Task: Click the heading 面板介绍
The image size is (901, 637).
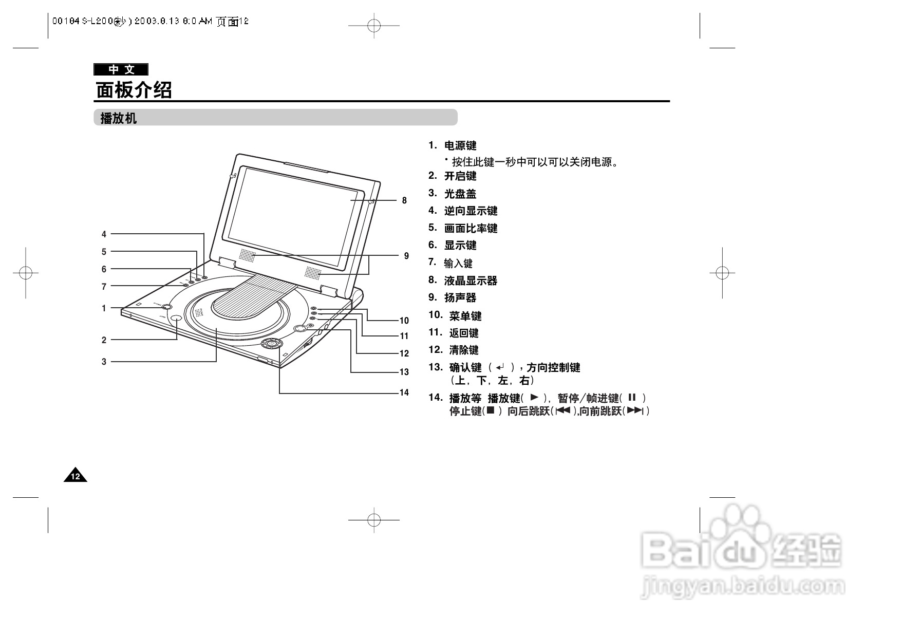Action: pos(134,90)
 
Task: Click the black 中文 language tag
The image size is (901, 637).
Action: pos(121,69)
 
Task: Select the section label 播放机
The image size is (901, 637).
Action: pos(118,118)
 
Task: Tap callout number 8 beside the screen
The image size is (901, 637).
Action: pos(404,200)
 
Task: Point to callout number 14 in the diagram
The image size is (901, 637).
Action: pos(404,392)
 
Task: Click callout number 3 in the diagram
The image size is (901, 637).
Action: pos(104,362)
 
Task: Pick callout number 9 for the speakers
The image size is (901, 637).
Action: pos(406,256)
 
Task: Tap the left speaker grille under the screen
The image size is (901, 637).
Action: pos(247,255)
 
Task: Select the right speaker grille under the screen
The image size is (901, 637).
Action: pos(313,272)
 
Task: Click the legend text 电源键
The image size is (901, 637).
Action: pos(460,146)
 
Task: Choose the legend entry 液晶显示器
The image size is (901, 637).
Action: pos(471,280)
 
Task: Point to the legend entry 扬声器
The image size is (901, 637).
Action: pos(460,297)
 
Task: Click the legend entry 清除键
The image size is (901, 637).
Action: pos(464,350)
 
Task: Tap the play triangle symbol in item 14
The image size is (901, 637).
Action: pos(534,397)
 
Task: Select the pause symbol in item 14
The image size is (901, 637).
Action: pos(632,397)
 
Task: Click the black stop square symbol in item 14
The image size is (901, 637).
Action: pos(491,410)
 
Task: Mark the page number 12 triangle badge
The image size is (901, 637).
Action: pos(76,476)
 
